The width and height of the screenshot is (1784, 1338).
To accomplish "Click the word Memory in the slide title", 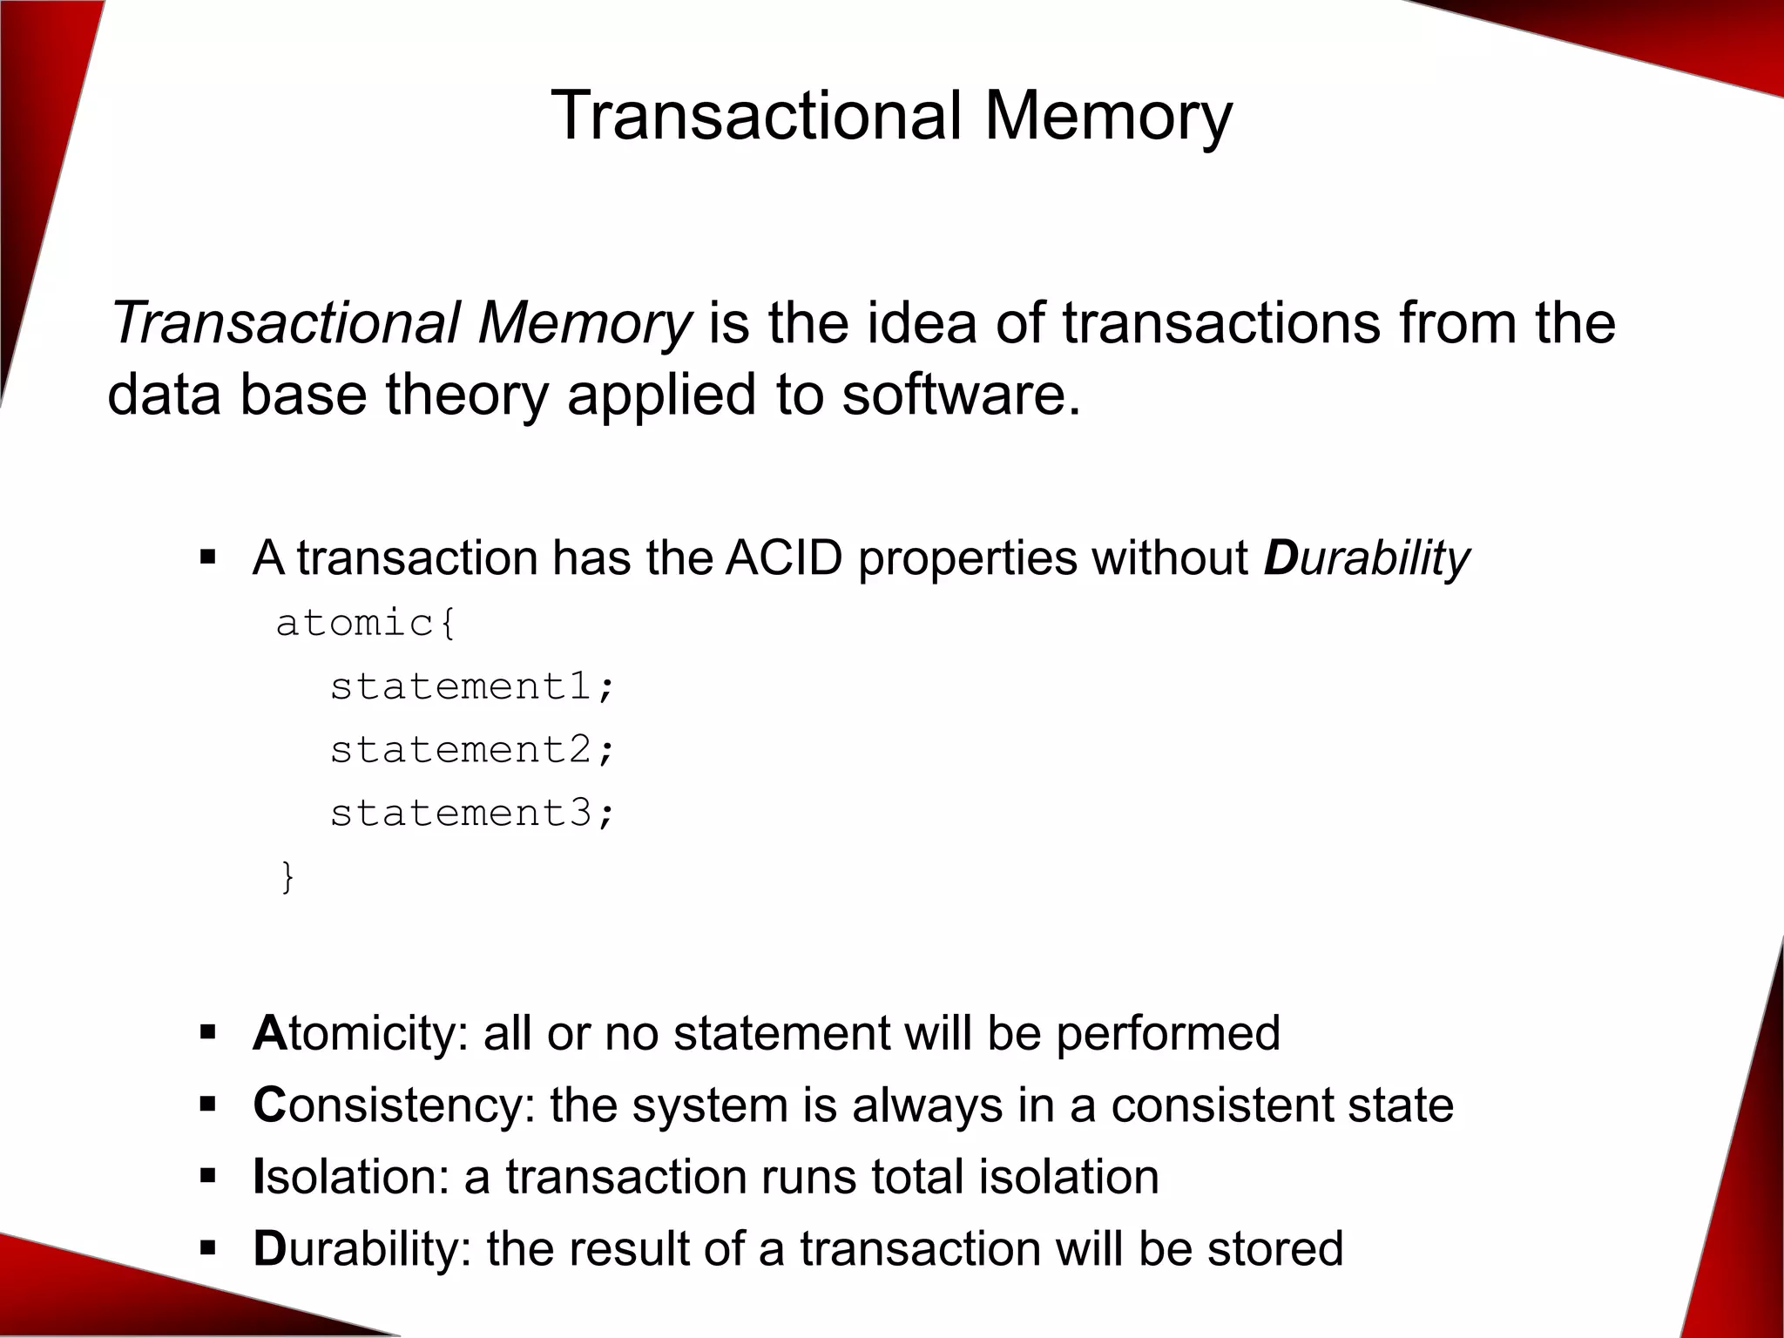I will click(x=1108, y=116).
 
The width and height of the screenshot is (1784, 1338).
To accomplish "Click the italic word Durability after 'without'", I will click(x=1366, y=557).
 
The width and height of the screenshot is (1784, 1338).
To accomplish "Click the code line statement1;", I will click(x=472, y=686).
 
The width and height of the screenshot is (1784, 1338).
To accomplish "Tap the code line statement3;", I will click(x=472, y=814).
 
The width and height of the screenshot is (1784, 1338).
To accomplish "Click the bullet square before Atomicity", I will click(x=207, y=1034).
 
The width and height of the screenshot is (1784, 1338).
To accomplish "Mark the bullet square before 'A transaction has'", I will click(x=207, y=557).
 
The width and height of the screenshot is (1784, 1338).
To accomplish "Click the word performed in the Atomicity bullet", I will click(x=1167, y=1033).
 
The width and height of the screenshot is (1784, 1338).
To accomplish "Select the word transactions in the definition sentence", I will click(x=1220, y=322).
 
